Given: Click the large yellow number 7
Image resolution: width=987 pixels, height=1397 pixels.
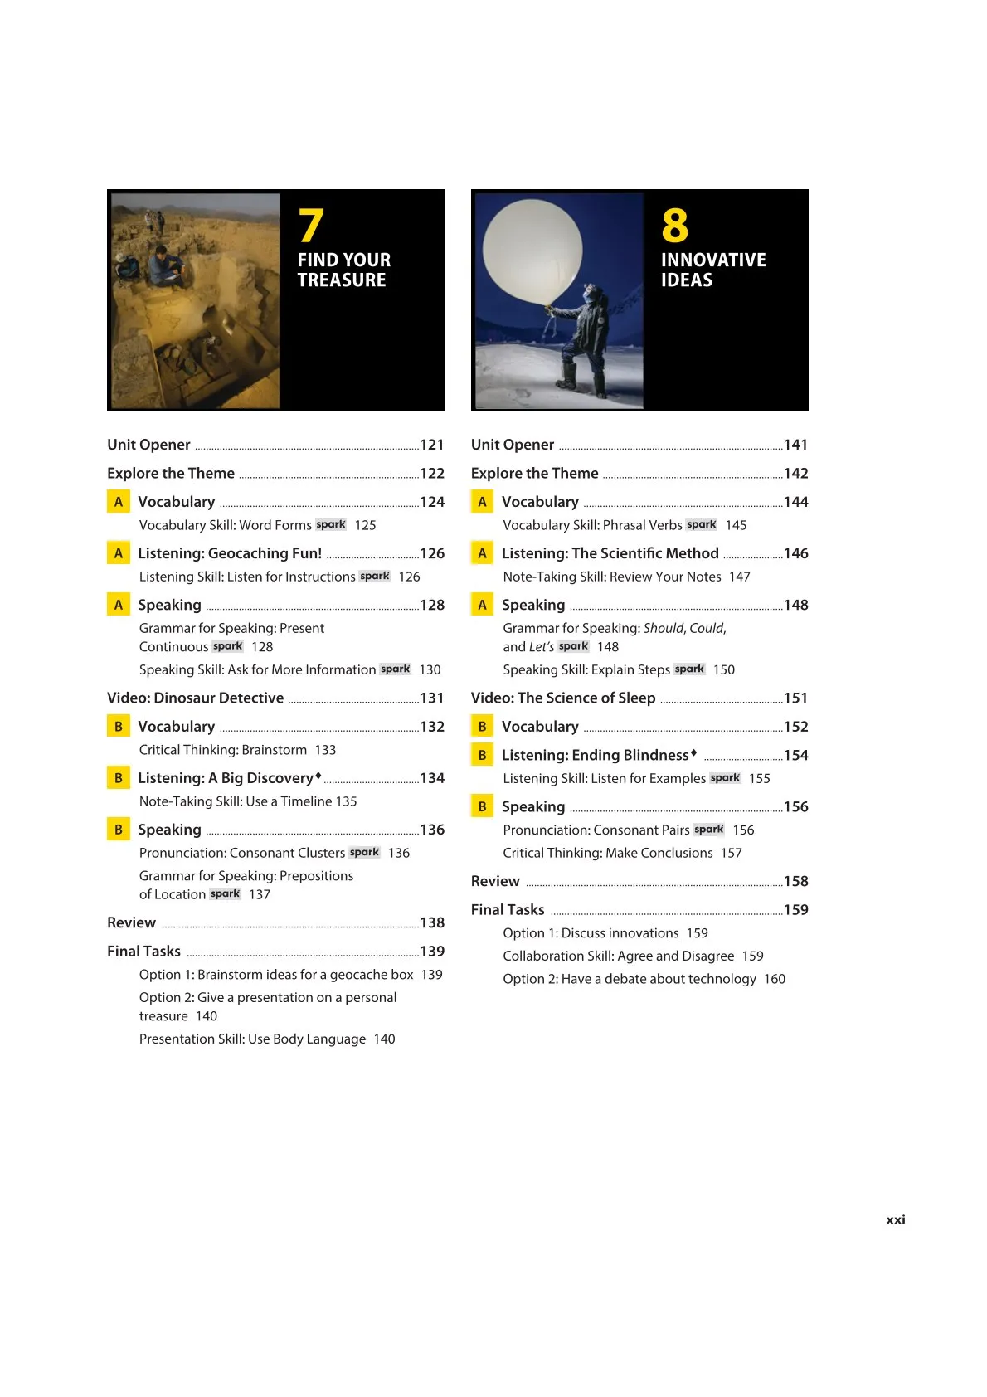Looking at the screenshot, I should (311, 225).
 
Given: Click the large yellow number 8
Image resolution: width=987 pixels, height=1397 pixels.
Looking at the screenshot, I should (674, 225).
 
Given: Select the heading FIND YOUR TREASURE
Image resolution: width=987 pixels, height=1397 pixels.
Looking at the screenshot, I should (343, 270).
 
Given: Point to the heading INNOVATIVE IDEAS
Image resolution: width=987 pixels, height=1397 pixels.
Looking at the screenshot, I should (712, 270).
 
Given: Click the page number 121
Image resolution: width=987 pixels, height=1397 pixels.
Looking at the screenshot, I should (432, 445).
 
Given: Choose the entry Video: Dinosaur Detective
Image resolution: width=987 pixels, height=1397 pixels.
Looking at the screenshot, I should (195, 698).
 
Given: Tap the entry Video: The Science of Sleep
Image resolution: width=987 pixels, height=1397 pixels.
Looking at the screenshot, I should (563, 698).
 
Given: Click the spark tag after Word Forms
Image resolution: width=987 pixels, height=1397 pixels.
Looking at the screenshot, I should (331, 524).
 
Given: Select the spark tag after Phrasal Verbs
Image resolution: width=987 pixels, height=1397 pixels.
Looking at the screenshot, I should (702, 524).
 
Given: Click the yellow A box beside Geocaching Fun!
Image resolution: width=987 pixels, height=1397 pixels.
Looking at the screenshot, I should (119, 553).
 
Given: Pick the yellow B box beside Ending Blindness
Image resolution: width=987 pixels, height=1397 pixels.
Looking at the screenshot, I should (482, 755).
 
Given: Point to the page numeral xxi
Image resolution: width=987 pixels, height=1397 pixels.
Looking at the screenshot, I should (896, 1219).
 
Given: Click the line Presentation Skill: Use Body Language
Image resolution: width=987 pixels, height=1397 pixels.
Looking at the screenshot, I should (252, 1039).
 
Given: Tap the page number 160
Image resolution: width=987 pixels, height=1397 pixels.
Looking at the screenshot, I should (775, 979).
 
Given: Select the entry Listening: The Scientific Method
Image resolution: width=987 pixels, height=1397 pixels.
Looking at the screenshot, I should (610, 553).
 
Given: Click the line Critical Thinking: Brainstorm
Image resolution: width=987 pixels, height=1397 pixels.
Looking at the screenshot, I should (223, 750).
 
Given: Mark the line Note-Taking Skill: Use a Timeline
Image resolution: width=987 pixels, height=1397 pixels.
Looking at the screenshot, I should (236, 801).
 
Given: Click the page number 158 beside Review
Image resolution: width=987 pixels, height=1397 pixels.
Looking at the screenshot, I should (795, 881).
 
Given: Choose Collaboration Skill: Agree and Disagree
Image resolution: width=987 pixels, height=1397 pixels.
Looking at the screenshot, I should (618, 956).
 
